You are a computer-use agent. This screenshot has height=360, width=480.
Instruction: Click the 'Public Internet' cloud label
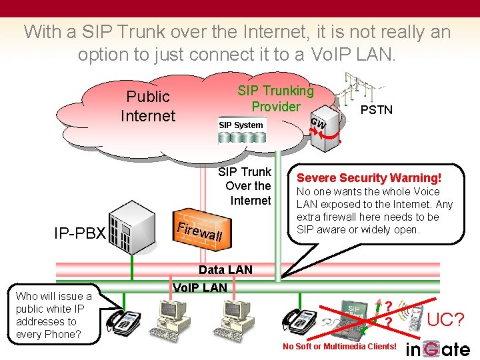pos(147,106)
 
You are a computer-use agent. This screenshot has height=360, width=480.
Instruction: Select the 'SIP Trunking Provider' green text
pos(275,98)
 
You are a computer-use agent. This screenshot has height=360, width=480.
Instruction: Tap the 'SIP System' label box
pos(241,125)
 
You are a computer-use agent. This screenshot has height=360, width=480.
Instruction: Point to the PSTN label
pos(376,109)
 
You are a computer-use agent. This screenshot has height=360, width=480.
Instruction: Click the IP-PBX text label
pos(80,233)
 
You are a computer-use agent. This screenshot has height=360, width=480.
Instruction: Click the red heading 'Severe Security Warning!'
pos(369,178)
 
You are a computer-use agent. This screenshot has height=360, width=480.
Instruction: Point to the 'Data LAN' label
pos(225,269)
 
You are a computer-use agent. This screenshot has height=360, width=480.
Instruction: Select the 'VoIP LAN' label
pos(199,288)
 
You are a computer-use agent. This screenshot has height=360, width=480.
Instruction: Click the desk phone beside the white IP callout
pos(123,321)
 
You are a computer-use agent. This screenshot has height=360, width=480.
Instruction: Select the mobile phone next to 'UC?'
pos(415,319)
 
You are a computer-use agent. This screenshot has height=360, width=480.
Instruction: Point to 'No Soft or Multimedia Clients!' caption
pos(339,346)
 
